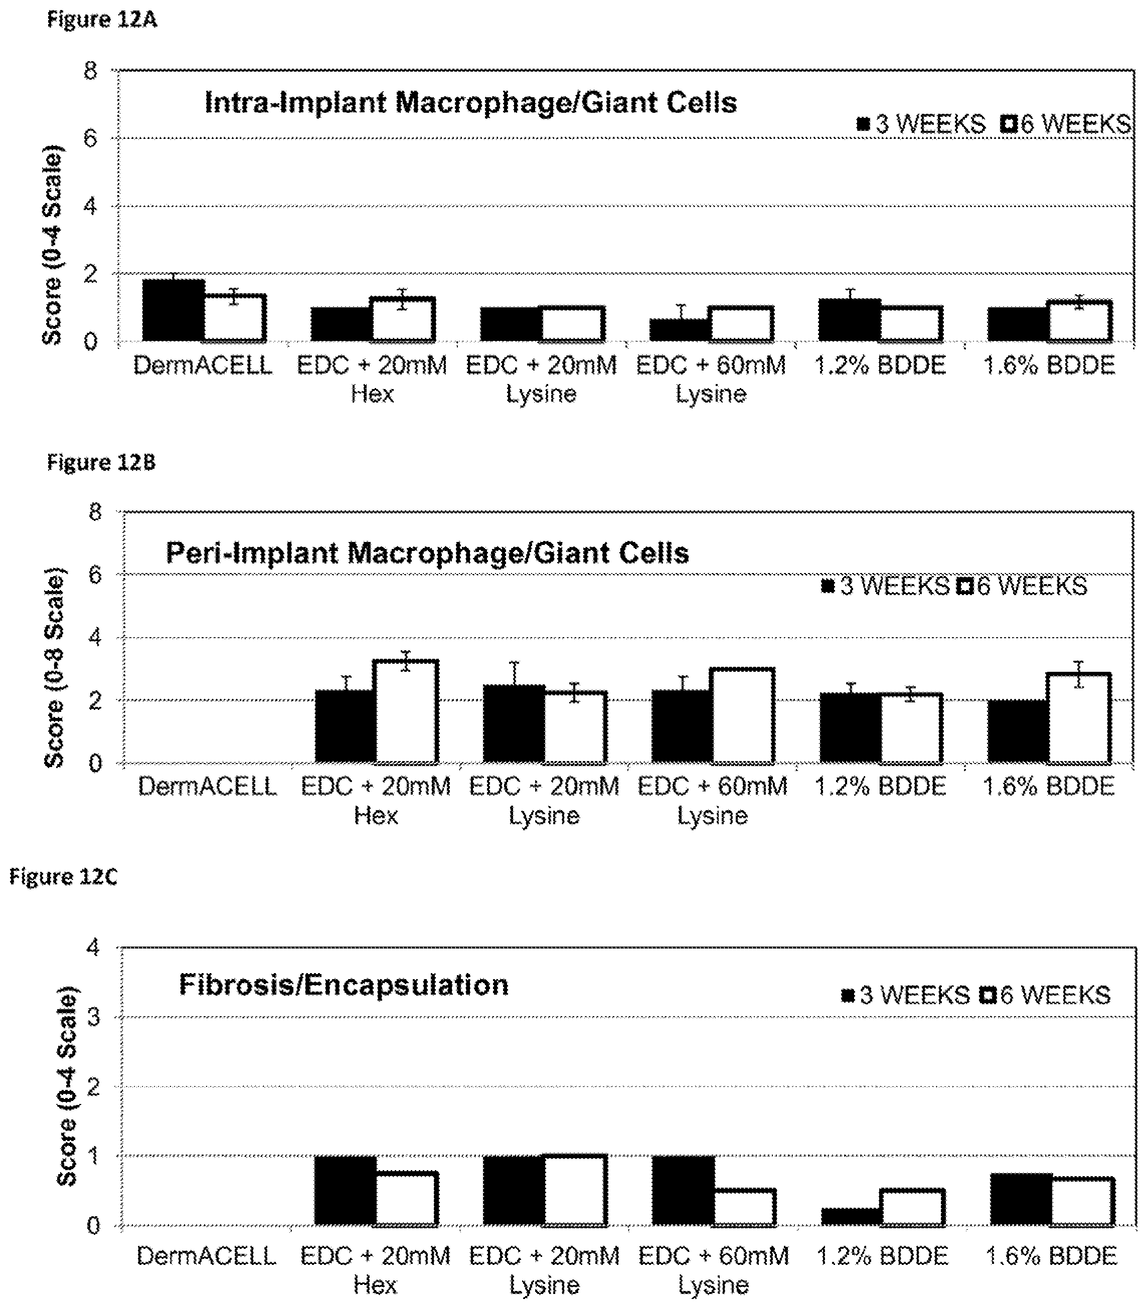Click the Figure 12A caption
[102, 20]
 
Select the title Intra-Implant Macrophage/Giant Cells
[470, 102]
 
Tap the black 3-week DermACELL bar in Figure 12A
[174, 310]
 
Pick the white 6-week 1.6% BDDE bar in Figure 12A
[1080, 320]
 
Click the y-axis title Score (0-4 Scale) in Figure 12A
[53, 245]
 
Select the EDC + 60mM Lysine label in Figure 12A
[711, 380]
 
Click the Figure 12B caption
[101, 462]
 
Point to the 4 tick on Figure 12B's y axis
[95, 637]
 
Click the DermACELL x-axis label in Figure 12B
[207, 786]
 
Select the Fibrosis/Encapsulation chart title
[344, 985]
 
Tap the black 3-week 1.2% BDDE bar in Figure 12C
[851, 1217]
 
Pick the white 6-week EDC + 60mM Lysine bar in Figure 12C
[744, 1207]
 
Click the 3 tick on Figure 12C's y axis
[94, 1017]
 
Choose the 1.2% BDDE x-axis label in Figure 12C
[882, 1256]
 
